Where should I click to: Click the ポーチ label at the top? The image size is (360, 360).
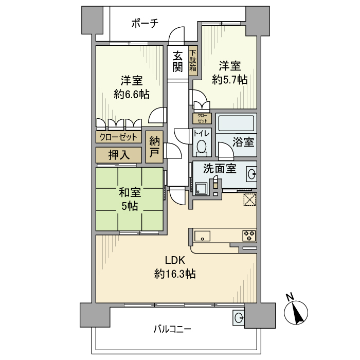click(x=144, y=23)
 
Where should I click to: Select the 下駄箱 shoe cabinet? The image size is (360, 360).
click(x=193, y=61)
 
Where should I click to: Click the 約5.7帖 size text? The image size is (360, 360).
click(x=230, y=80)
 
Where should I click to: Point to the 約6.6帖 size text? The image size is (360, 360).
click(x=132, y=94)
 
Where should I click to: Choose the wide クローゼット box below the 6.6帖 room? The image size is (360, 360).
click(x=118, y=137)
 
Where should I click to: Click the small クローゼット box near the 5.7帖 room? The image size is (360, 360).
click(x=202, y=118)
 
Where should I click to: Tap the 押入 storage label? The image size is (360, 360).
click(x=118, y=154)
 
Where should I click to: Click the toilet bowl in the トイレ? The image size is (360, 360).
click(x=201, y=147)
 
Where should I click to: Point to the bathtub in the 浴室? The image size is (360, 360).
click(x=236, y=124)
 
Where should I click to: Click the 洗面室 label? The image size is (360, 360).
click(x=219, y=168)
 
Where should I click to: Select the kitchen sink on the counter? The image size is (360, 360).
click(x=202, y=236)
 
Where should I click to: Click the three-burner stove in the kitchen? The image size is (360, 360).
click(x=249, y=236)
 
